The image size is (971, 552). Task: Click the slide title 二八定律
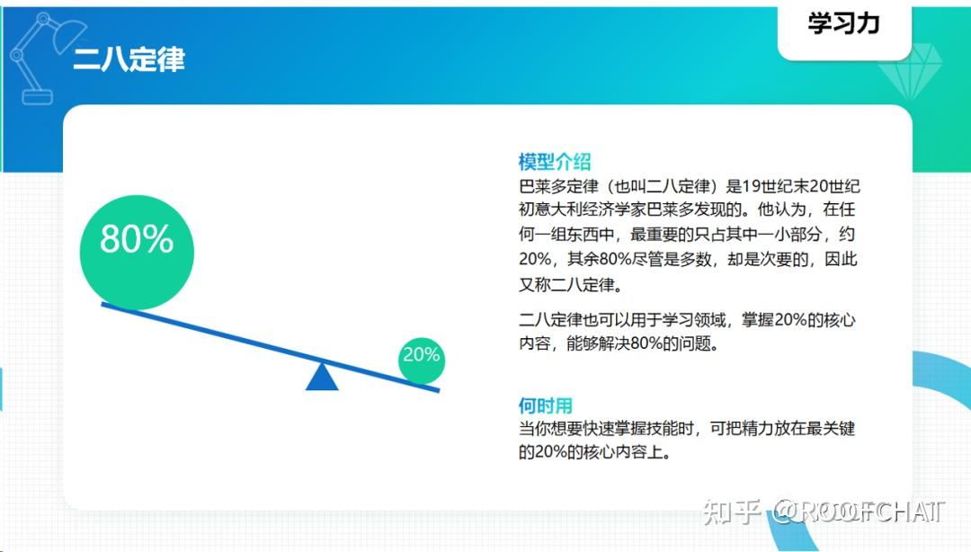129,59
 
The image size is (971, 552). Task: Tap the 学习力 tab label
843,24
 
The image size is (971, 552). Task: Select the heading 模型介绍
555,162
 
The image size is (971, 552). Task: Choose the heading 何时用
545,405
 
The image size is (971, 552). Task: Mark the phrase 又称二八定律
570,285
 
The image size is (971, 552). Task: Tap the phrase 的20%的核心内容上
594,452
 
